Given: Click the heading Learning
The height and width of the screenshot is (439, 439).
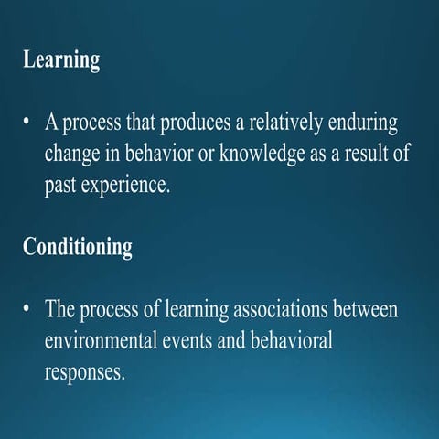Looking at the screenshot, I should [x=60, y=61].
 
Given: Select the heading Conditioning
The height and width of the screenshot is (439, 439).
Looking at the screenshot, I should [x=77, y=247].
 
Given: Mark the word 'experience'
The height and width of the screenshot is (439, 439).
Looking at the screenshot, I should [x=126, y=186].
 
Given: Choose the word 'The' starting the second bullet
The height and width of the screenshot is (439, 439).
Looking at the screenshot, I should [x=60, y=309].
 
